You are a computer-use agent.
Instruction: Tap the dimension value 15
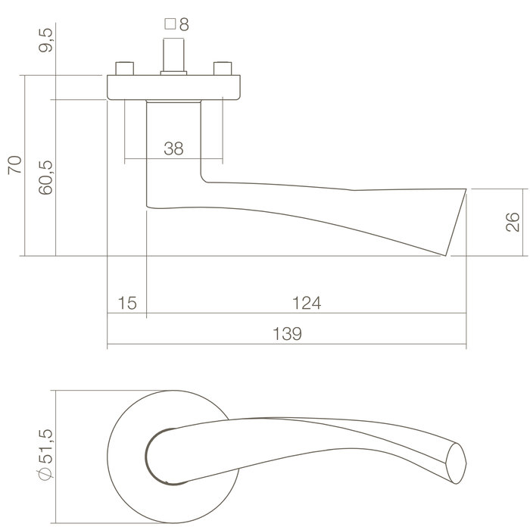pos(127,304)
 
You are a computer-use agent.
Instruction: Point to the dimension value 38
pos(173,149)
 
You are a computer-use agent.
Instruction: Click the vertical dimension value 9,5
pos(45,39)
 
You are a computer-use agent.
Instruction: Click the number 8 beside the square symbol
pos(183,24)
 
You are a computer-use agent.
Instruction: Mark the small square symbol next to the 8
pos(170,24)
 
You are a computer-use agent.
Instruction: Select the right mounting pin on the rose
pos(223,70)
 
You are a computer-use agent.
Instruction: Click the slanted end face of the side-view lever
pos(457,221)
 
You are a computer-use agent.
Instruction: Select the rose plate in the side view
pos(174,87)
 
